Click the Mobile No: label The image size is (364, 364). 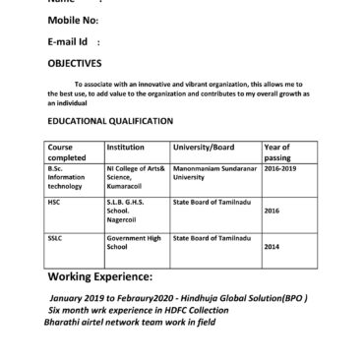pos(72,21)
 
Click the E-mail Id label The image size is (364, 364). pos(73,42)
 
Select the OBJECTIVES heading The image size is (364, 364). pos(75,62)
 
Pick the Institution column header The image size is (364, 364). pos(125,147)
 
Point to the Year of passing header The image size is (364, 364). pos(276,152)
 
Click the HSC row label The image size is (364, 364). pos(54,201)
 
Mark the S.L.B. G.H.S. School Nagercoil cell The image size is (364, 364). pos(126,210)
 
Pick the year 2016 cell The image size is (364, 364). pos(273,211)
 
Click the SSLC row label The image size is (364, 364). pos(54,237)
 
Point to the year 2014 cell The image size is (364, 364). pos(273,247)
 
